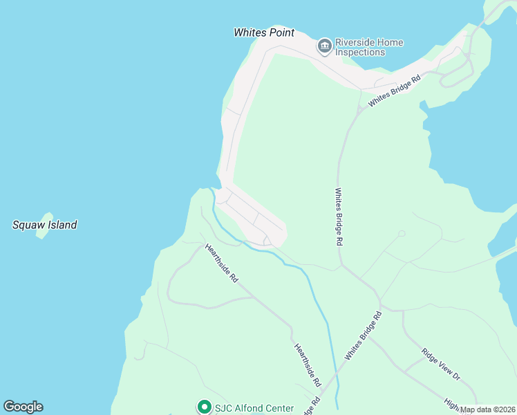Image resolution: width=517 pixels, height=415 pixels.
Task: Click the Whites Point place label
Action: (264, 33)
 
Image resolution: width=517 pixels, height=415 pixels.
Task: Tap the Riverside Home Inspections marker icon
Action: (324, 46)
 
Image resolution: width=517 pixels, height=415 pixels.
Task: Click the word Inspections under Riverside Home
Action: (360, 53)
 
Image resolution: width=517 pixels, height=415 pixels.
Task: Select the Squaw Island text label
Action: (45, 225)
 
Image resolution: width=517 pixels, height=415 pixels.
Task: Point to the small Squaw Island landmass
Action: (45, 225)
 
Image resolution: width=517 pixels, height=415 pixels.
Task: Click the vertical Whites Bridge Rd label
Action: (339, 217)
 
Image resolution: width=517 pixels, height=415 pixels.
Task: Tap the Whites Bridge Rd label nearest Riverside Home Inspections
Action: (395, 91)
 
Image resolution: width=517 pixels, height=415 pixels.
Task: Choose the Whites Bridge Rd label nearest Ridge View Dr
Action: (364, 335)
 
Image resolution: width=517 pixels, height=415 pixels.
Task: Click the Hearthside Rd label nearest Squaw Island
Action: (222, 263)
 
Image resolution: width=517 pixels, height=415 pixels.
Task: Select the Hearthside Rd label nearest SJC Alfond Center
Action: (308, 365)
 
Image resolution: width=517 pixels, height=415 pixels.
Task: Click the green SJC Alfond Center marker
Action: (204, 407)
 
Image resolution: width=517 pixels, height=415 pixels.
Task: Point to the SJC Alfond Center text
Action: (254, 408)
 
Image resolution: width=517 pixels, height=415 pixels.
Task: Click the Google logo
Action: (23, 407)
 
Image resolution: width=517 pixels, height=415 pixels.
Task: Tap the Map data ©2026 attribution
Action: (487, 409)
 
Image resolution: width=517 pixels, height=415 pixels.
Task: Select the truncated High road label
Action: (453, 403)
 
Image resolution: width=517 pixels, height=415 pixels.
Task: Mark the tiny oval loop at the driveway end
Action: (402, 233)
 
